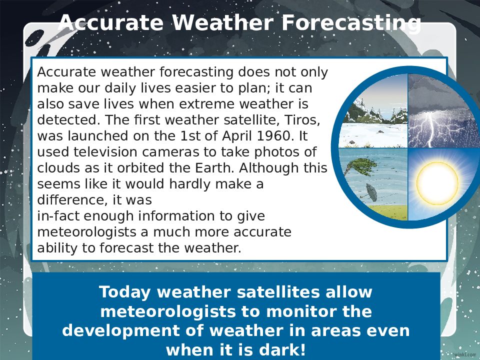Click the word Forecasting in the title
pos(351,23)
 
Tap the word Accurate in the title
pos(111,23)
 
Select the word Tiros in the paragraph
pos(302,119)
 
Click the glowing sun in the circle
pos(437,183)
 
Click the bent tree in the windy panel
pos(358,166)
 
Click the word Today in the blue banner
pos(124,291)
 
